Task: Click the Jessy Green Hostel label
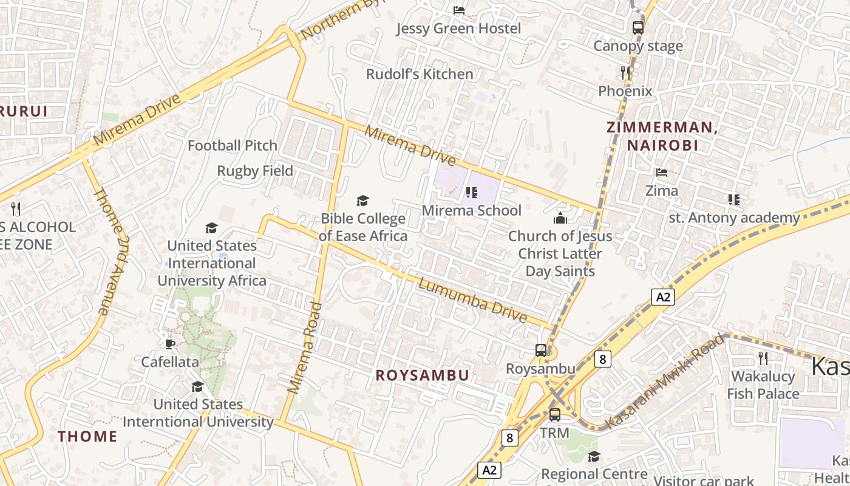click(458, 29)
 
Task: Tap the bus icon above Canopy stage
click(637, 27)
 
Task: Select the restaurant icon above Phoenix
click(625, 73)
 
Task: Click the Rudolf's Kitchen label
click(420, 74)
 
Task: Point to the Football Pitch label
click(232, 146)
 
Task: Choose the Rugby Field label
click(255, 171)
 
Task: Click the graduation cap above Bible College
click(362, 200)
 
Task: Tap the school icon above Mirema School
click(471, 193)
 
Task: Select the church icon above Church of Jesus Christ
click(560, 218)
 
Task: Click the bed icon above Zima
click(662, 173)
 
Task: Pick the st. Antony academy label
click(734, 217)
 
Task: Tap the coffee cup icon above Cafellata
click(170, 344)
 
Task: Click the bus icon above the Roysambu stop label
click(540, 350)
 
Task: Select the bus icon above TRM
click(555, 415)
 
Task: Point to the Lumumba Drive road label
click(473, 301)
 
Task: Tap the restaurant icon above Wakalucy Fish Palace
click(763, 358)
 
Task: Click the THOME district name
click(87, 436)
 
